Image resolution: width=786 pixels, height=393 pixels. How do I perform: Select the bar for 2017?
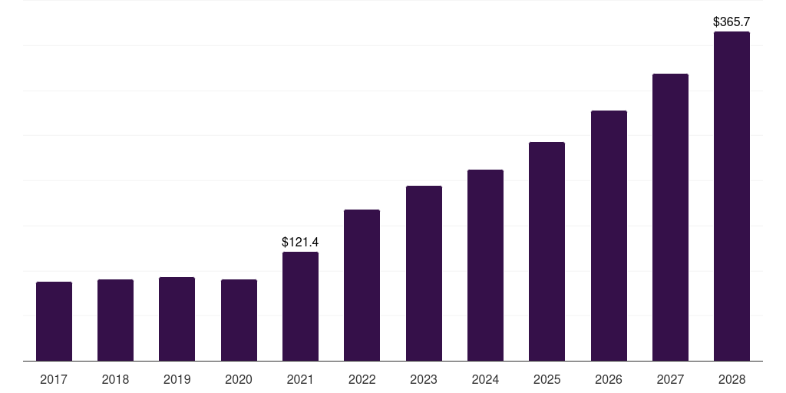coord(54,322)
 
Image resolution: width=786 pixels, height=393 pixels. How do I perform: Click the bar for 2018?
coord(115,320)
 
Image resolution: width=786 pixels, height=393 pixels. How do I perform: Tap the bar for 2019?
coord(177,319)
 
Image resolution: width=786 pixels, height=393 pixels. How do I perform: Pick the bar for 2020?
coord(239,320)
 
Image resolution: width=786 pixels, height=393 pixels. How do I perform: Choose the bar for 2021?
coord(300,306)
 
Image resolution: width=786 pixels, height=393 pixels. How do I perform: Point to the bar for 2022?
coord(362,286)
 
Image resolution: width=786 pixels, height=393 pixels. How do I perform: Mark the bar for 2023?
coord(424,273)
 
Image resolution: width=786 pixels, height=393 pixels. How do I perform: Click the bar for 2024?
coord(485,265)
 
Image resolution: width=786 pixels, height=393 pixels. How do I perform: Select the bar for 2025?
coord(547,252)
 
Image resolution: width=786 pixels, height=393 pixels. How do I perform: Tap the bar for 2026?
coord(609,236)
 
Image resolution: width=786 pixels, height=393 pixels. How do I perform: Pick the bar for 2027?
coord(670,217)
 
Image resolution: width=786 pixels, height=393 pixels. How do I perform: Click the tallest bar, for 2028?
coord(732,196)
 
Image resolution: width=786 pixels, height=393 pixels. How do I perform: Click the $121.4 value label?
coord(300,242)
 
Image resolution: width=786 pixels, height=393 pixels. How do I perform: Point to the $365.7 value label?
coord(732,22)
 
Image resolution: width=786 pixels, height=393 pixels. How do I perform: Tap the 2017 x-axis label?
coord(54,379)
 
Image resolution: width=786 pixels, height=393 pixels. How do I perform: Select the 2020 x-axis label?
coord(239,379)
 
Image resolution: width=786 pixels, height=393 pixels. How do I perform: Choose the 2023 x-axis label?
coord(424,379)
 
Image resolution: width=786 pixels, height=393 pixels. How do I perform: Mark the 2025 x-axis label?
coord(547,379)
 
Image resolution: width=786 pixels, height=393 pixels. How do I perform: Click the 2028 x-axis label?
coord(732,379)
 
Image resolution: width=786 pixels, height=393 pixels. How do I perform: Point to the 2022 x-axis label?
coord(362,379)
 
